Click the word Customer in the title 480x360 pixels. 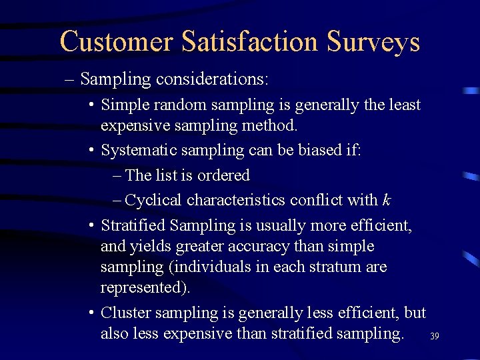pyautogui.click(x=115, y=41)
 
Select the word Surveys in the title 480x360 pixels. pyautogui.click(x=373, y=41)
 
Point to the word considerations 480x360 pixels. pyautogui.click(x=212, y=79)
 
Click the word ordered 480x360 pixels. pyautogui.click(x=226, y=176)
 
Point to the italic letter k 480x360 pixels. pyautogui.click(x=387, y=200)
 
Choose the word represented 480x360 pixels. pyautogui.click(x=145, y=288)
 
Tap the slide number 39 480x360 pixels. pyautogui.click(x=435, y=337)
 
